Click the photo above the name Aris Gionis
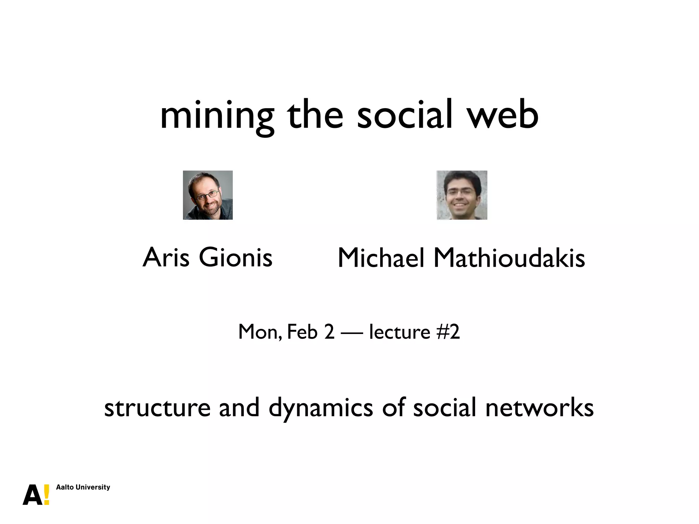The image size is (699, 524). pos(208,195)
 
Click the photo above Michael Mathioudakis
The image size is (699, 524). pos(462,195)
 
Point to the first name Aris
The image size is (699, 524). pos(166,258)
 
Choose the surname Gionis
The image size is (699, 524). pos(236,258)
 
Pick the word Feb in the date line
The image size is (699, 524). pos(302,332)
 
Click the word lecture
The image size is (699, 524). pos(399,332)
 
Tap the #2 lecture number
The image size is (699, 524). pos(448,332)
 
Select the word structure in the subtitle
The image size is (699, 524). pos(157,408)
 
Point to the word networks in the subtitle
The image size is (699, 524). pos(539,408)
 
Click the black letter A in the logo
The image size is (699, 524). pos(33,495)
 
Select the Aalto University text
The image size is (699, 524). pos(83,487)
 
